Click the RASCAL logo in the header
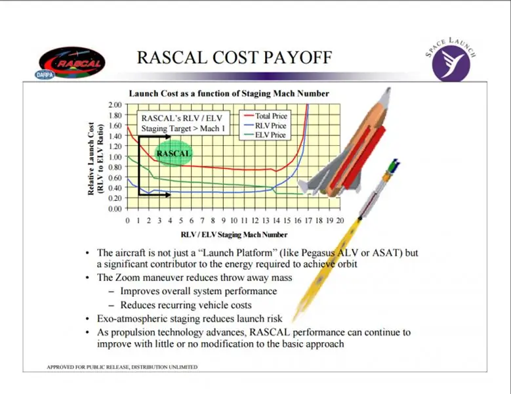(72, 62)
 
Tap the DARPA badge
(45, 75)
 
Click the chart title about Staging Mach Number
(229, 94)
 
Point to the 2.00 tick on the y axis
(115, 104)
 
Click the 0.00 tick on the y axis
(115, 208)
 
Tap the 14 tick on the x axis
(276, 221)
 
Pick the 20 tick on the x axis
(340, 221)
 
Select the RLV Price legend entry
(265, 125)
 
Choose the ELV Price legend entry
(264, 135)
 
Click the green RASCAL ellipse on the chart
(173, 153)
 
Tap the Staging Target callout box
(183, 123)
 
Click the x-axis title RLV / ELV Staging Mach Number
(234, 234)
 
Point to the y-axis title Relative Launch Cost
(91, 159)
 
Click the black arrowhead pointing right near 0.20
(168, 195)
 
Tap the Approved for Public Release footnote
(122, 367)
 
